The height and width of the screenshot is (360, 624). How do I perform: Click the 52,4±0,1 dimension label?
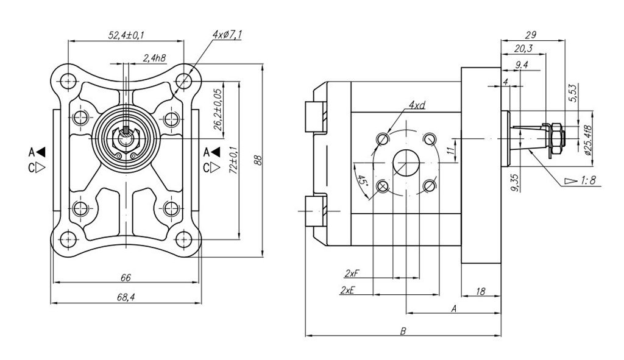tap(126, 35)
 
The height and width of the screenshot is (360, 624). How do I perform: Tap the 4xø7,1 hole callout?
tap(227, 35)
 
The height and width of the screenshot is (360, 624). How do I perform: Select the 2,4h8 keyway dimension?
tap(153, 58)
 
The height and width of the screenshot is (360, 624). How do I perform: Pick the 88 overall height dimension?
tap(258, 160)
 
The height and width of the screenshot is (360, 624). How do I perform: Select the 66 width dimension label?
tap(126, 278)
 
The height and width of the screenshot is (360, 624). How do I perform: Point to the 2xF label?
tap(351, 272)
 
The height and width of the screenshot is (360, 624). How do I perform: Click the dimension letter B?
tap(403, 331)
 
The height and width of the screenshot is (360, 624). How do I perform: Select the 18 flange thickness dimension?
tap(480, 292)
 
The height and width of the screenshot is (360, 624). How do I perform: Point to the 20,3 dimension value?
tap(523, 49)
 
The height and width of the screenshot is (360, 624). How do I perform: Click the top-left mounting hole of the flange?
tap(68, 80)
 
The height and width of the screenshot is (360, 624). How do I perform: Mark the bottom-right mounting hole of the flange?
tap(183, 240)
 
